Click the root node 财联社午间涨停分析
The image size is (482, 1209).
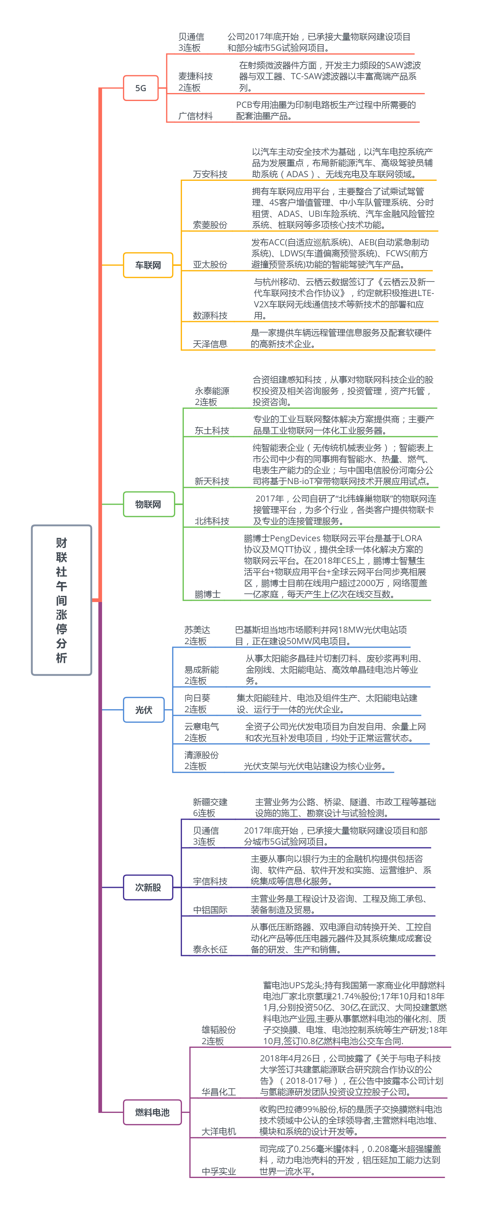(x=61, y=600)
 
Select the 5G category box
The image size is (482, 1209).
(x=140, y=88)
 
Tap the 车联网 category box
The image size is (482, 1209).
(x=148, y=265)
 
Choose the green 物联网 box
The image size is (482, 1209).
(x=148, y=504)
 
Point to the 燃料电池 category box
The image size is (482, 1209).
(x=152, y=1112)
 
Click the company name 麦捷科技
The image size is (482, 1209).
(x=196, y=76)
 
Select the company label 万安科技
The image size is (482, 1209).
(x=210, y=174)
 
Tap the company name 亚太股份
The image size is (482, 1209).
(x=210, y=264)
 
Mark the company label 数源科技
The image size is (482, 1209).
(x=210, y=315)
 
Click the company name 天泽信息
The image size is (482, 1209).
(x=210, y=344)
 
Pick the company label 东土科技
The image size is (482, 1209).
(x=212, y=430)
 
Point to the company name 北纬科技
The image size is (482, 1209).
(x=212, y=521)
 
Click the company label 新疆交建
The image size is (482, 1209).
(x=210, y=802)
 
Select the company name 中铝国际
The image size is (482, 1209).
(x=210, y=910)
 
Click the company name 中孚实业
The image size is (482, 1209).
(x=219, y=1172)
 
